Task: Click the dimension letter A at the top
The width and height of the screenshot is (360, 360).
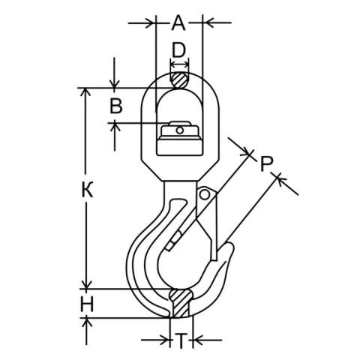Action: point(178,22)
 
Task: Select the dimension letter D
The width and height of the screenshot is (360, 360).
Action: point(179,50)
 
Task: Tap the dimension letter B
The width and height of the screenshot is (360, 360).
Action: point(116,106)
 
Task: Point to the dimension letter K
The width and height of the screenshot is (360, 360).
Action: point(87,190)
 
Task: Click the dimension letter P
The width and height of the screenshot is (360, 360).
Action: point(266,163)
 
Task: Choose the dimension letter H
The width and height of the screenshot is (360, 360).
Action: point(87,304)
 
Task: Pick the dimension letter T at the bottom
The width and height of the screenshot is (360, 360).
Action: point(181,340)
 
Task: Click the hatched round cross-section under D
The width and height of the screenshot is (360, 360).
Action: point(179,80)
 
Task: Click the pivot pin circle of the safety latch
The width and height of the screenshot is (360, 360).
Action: point(205,194)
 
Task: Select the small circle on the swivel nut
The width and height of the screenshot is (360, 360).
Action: point(179,130)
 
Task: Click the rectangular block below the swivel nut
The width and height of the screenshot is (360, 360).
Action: point(179,147)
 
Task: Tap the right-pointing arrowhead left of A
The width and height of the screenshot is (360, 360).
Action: point(151,22)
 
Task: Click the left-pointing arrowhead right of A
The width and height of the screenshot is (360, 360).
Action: point(208,22)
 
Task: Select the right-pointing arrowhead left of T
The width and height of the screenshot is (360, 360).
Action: point(165,340)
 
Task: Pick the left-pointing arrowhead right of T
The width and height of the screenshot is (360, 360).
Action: point(198,340)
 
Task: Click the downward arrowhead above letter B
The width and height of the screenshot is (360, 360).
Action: point(115,84)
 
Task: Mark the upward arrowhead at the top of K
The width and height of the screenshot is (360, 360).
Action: point(86,92)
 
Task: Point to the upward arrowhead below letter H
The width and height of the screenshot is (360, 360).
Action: point(87,322)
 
